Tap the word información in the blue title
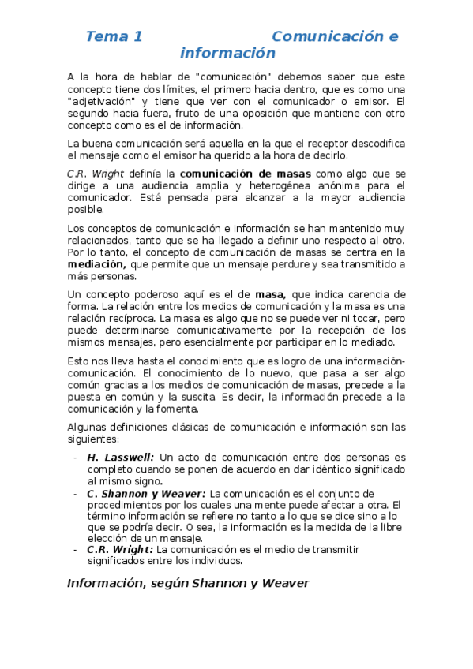tap(227, 54)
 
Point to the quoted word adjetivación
tap(103, 102)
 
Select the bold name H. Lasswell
tap(121, 458)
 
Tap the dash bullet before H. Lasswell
tap(74, 458)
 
